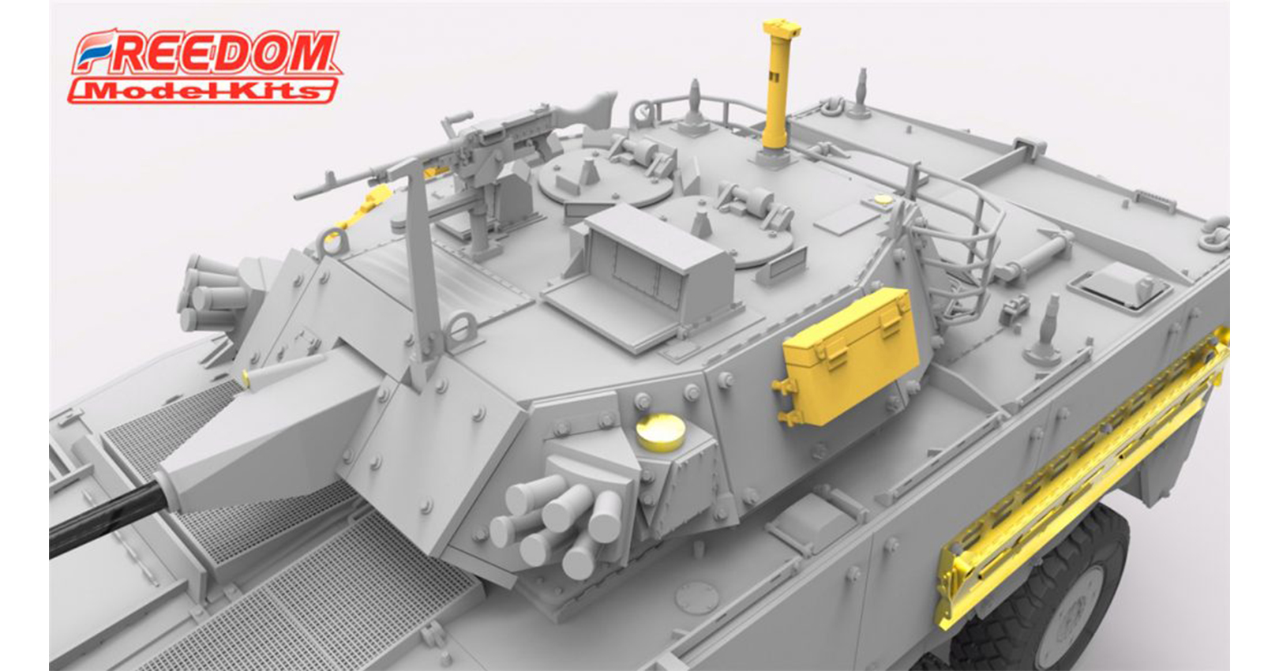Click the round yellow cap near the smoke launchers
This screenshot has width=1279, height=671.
pos(661,432)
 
